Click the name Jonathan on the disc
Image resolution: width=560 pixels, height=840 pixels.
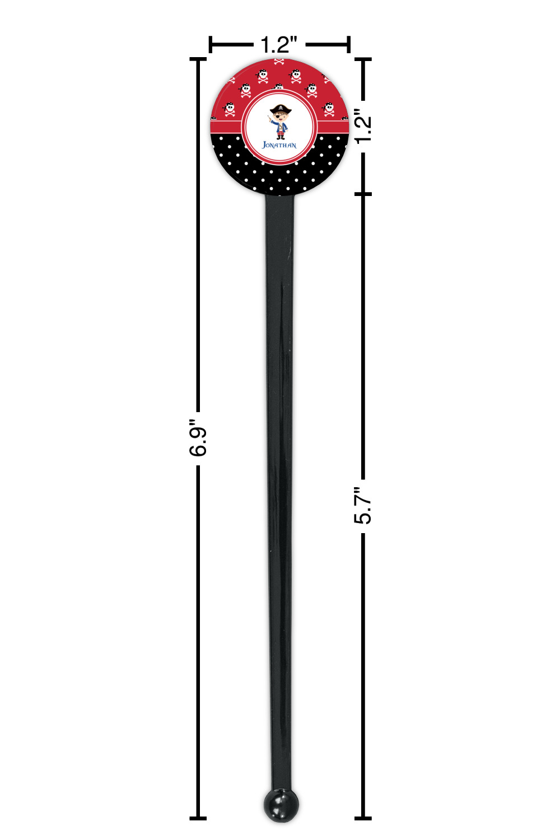[279, 144]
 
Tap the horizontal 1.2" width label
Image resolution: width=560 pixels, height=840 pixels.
[279, 45]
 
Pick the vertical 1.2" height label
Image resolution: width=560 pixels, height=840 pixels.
[363, 127]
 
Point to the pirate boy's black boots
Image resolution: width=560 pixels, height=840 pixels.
[281, 138]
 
